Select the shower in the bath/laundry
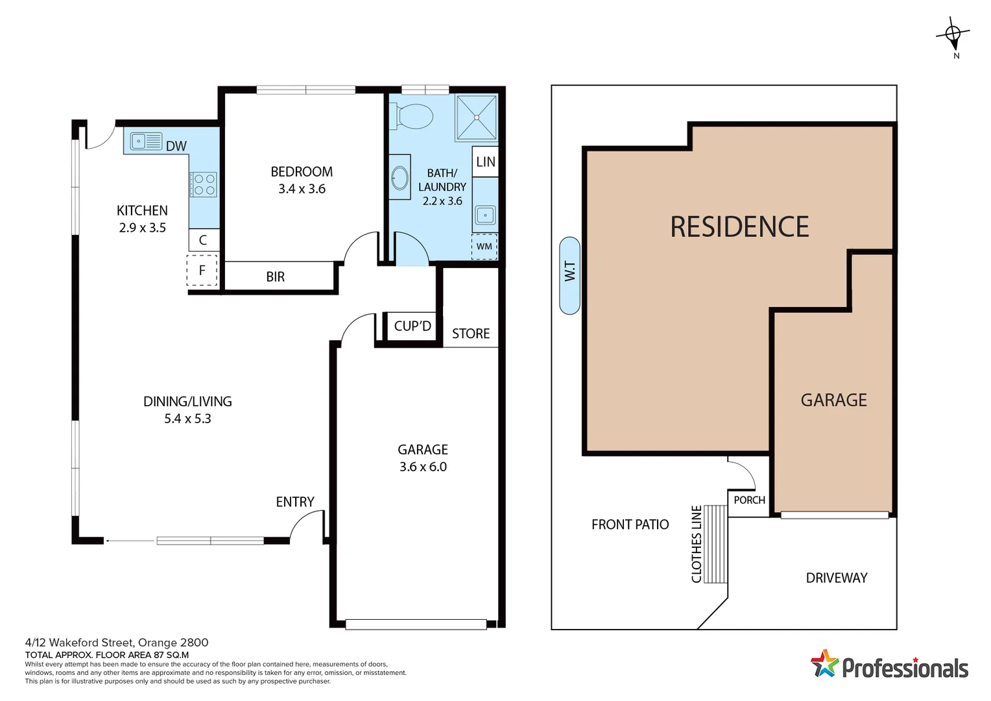tap(476, 117)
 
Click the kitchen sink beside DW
tap(146, 141)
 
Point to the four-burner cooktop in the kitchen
tap(204, 184)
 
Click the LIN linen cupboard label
tap(485, 162)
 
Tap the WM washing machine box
tap(484, 247)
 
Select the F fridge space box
tap(202, 271)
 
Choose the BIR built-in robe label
tap(276, 277)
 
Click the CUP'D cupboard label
tap(412, 326)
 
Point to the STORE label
tap(471, 334)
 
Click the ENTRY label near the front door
tap(295, 502)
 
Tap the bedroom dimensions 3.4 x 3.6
tap(302, 189)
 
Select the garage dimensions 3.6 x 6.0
tap(423, 467)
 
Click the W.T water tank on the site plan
tap(569, 276)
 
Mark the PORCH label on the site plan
tap(749, 500)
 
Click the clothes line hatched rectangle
tap(715, 544)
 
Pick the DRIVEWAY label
tap(837, 578)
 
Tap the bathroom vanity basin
tap(400, 177)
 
